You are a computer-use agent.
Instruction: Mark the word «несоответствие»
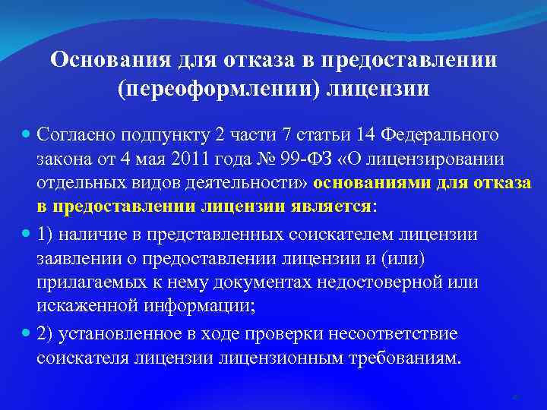click(403, 334)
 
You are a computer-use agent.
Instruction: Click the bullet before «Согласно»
click(27, 135)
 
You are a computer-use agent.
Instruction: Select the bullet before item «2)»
click(27, 334)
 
